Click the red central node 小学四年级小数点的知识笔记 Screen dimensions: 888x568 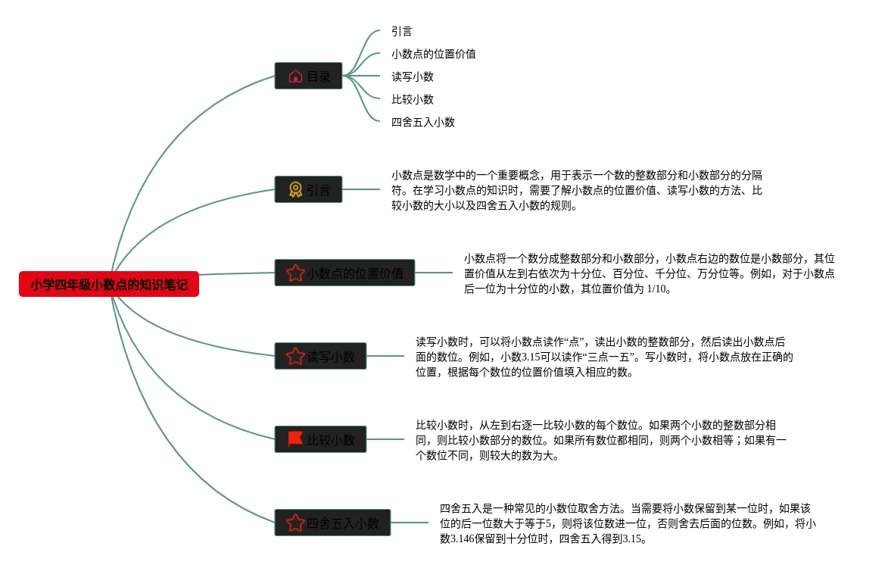[x=109, y=284]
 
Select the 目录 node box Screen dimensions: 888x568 [x=308, y=76]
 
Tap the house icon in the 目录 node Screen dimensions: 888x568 [x=296, y=76]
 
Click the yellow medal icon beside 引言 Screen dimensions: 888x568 [x=296, y=189]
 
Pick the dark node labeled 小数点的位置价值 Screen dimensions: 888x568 [x=344, y=273]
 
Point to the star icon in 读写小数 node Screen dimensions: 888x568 [x=296, y=356]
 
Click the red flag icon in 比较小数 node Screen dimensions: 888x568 [x=295, y=439]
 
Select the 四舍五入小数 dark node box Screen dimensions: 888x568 [x=332, y=522]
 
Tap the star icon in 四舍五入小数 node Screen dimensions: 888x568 [x=296, y=522]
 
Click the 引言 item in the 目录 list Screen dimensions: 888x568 [x=401, y=31]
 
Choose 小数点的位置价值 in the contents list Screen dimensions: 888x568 [x=434, y=54]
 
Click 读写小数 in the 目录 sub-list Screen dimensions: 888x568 [x=413, y=76]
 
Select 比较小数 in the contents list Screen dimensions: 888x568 [x=413, y=99]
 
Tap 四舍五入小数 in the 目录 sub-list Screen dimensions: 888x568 [x=423, y=122]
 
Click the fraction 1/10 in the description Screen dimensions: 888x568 [x=656, y=289]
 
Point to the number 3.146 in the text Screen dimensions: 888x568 [x=463, y=538]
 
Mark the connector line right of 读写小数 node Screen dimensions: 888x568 [x=385, y=356]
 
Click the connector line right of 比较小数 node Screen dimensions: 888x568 [x=385, y=439]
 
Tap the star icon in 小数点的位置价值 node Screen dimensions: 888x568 [x=296, y=273]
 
